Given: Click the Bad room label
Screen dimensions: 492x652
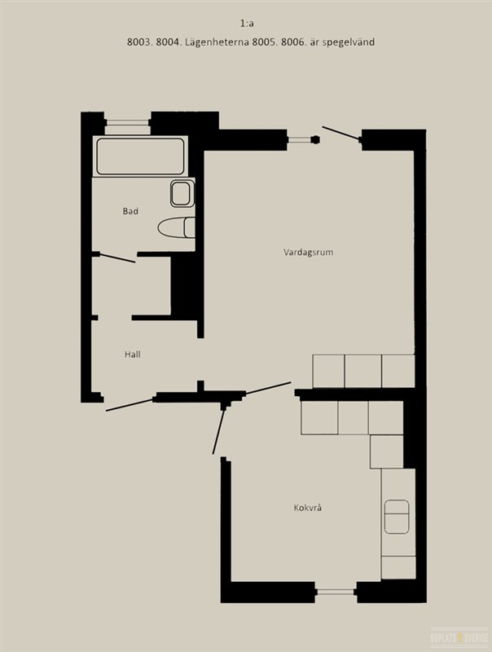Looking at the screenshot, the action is point(130,211).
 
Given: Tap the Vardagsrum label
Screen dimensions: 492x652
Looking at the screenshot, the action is point(309,253).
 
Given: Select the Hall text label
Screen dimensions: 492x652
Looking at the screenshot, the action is point(133,355).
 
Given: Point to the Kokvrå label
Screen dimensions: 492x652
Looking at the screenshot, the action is point(308,508).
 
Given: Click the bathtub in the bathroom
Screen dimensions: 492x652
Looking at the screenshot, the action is point(140,156).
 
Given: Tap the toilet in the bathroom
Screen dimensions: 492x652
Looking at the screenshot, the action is point(177,227).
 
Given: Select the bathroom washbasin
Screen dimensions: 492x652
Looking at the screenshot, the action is point(182,193).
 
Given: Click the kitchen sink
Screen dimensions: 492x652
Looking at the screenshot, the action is point(397,517).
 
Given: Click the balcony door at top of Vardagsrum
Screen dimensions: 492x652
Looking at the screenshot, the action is point(340,133).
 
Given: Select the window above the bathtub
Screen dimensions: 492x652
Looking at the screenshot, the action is point(128,122).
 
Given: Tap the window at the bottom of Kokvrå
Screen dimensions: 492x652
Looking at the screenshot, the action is point(336,592).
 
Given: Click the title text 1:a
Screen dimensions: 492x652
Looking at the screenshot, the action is point(247,24).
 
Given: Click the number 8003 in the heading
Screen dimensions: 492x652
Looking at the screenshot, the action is point(139,42).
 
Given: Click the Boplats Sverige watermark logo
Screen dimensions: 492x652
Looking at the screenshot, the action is point(459,637).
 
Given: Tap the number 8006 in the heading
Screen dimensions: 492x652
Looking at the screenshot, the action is point(293,42).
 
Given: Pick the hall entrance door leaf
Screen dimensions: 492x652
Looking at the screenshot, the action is point(130,405).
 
